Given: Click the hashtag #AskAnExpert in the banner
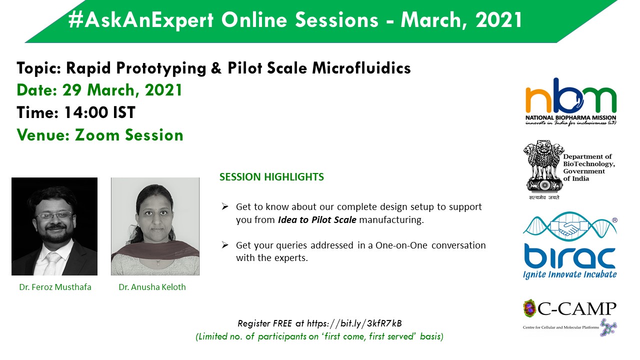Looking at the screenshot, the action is (141, 20).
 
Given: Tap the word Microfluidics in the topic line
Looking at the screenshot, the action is (361, 68).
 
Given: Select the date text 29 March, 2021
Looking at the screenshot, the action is (122, 90).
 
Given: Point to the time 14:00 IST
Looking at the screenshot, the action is (99, 112).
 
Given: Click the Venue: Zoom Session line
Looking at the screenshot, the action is (100, 135).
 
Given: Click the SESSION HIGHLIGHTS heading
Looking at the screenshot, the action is (271, 177).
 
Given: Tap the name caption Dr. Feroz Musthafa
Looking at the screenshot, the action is (55, 287).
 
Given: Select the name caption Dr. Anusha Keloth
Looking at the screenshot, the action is (152, 287).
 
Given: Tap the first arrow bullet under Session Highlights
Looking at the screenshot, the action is (225, 206).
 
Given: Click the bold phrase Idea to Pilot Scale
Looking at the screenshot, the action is (317, 219).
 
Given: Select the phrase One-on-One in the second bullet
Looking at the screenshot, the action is (401, 245).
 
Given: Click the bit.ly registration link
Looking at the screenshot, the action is (354, 323).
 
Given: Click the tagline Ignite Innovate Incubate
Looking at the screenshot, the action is (569, 274).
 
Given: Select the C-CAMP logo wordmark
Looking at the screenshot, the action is (576, 308).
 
